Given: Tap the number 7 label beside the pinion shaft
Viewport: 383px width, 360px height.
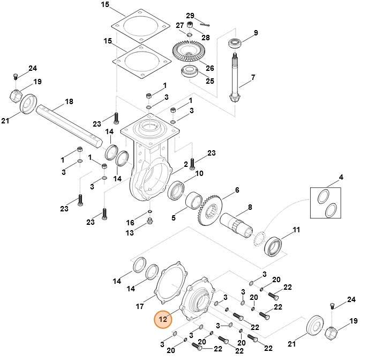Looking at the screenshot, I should (x=253, y=77).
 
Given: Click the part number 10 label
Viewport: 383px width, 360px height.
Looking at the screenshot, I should (x=199, y=173).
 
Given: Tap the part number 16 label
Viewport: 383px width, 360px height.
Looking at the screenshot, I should (x=130, y=222).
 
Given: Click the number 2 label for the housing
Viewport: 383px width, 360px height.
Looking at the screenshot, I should (x=185, y=164).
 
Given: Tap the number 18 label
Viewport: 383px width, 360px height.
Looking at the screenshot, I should (x=69, y=101).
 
